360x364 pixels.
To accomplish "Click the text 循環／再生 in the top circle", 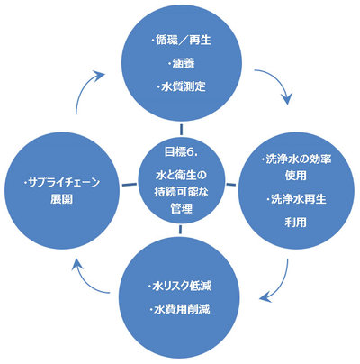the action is [x=184, y=41].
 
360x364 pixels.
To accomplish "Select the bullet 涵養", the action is [x=184, y=64].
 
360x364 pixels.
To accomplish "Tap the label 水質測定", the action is [x=184, y=86].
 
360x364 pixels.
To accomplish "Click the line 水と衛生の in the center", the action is [x=181, y=175].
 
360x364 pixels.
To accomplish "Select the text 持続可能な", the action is [x=181, y=192].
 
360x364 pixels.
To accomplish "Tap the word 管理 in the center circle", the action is [x=181, y=208].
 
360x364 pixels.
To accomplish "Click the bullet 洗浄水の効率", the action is [x=298, y=159].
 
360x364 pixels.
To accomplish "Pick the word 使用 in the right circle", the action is [x=296, y=176].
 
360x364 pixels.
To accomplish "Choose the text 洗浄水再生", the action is [x=298, y=199].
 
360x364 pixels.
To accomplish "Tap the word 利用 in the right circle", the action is [x=296, y=223].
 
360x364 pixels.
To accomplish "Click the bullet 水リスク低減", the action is [x=182, y=286].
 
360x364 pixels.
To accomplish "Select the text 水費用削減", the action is [x=182, y=309].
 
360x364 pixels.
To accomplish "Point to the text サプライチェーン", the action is [x=64, y=182].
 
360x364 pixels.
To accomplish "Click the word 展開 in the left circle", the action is [x=61, y=199].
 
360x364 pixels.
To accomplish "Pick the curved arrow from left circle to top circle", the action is [x=82, y=87].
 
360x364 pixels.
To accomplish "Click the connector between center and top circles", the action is [x=181, y=129].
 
